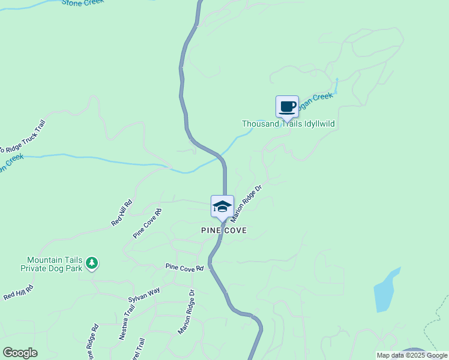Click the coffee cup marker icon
click(x=287, y=107)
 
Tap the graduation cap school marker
click(x=221, y=207)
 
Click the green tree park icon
click(x=91, y=263)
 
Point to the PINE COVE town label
click(x=224, y=230)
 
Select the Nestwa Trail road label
click(x=127, y=323)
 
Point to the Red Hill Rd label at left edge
click(x=18, y=293)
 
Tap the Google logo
click(x=20, y=353)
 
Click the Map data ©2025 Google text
click(x=412, y=355)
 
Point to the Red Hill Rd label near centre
click(x=122, y=214)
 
